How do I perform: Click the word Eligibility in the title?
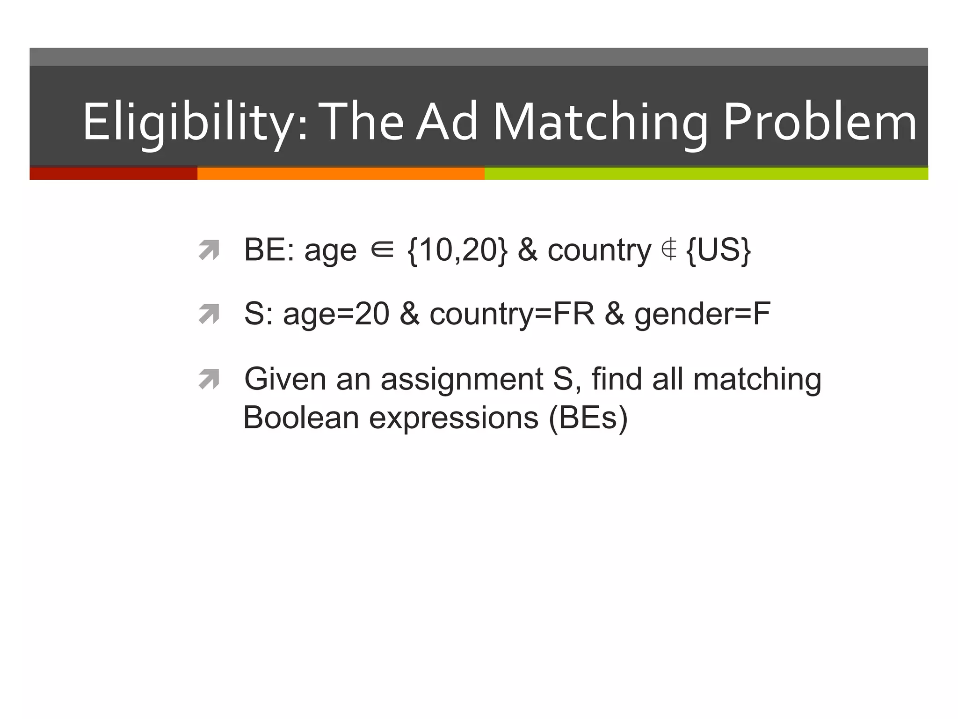[x=194, y=123]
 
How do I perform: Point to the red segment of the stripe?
[x=113, y=173]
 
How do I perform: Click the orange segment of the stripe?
[x=341, y=173]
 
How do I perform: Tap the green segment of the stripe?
[x=706, y=173]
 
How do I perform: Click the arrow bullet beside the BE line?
[x=209, y=250]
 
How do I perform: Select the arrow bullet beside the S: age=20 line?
[x=209, y=314]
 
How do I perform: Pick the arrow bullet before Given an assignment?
[x=209, y=379]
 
